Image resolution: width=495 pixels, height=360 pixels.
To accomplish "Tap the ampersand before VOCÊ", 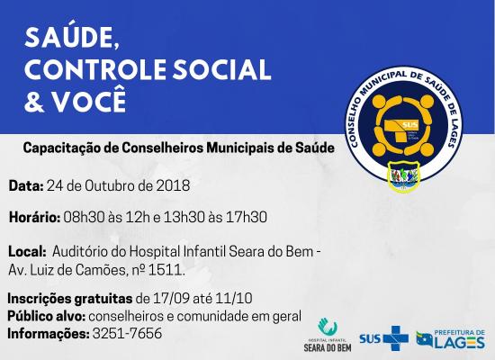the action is point(34,101).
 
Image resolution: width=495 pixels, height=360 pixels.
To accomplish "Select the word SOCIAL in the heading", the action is point(222,69).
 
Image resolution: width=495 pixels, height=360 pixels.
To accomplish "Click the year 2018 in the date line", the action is point(174,185).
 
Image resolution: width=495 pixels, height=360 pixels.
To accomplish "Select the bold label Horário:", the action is point(35,217).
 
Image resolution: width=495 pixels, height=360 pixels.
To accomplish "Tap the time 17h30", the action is point(247,217).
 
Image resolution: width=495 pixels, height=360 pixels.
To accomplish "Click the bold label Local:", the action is point(28,252).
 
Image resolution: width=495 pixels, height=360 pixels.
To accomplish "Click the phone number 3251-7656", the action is point(127,334).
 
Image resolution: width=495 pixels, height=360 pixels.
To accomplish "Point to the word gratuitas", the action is point(103,299).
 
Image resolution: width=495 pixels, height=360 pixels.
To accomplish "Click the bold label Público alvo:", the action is point(47,316).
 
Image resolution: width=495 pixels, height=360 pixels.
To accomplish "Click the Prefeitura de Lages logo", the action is point(451,339).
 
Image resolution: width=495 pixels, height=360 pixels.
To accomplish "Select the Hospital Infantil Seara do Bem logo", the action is point(328,335).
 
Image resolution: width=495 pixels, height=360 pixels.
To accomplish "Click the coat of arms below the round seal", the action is point(404,176).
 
